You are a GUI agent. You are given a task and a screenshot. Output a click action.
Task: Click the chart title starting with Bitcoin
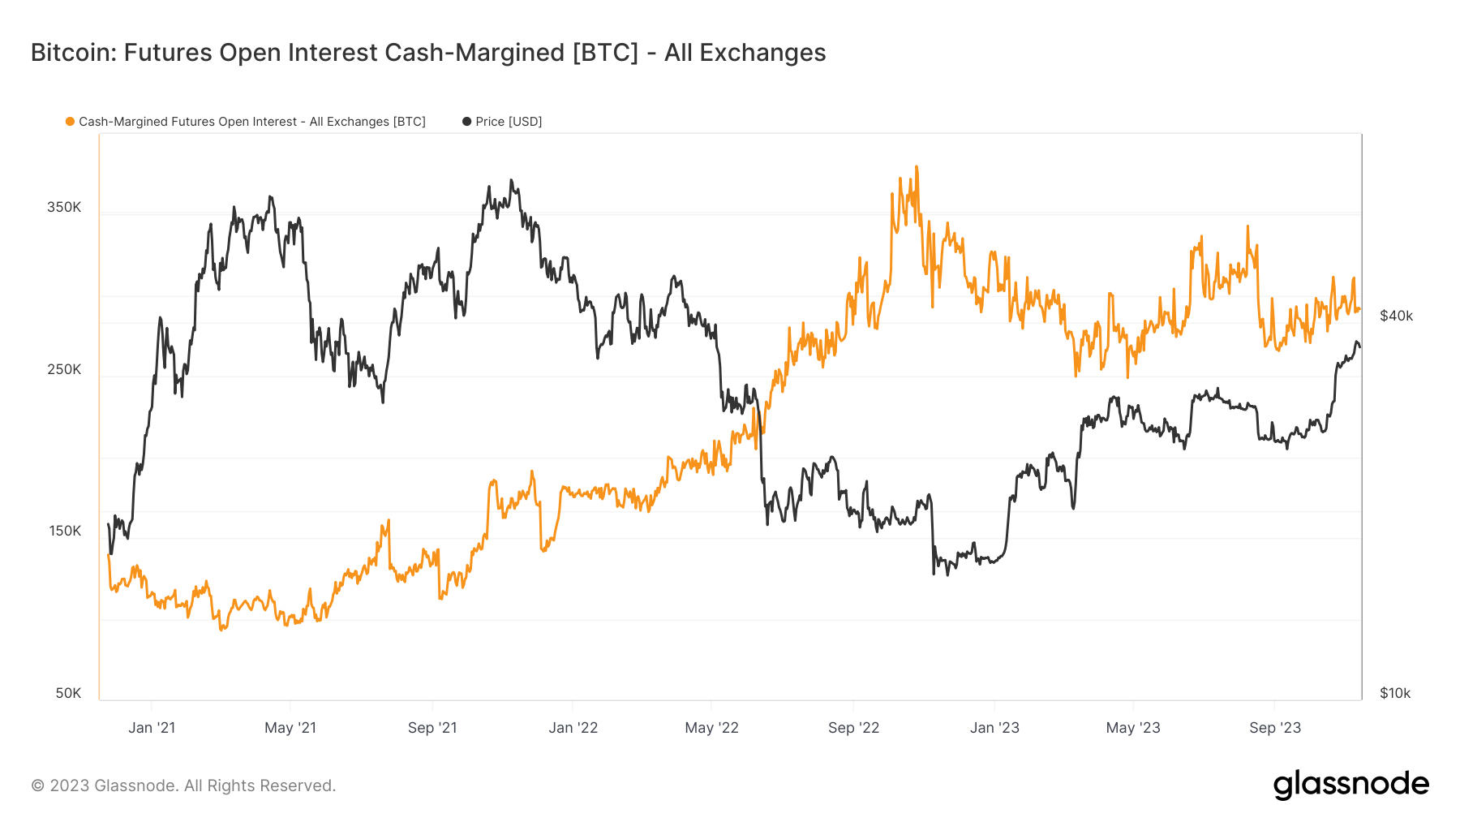[428, 53]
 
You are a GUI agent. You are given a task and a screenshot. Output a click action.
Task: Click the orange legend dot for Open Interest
[71, 122]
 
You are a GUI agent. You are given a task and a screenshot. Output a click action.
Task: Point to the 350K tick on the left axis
[64, 207]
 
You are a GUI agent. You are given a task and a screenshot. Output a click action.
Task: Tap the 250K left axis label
[64, 369]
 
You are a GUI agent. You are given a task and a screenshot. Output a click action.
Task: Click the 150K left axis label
[65, 531]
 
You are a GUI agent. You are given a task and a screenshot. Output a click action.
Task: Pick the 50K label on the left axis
[68, 693]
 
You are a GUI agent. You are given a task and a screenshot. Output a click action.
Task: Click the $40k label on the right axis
[1396, 316]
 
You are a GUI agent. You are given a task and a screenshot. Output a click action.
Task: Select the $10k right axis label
[1395, 693]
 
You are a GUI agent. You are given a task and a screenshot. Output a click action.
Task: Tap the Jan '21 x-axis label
[152, 728]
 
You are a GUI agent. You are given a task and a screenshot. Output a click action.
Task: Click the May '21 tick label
[290, 728]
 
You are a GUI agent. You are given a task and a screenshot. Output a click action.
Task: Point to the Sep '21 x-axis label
[432, 728]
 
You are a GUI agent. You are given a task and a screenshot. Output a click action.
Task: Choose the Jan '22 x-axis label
[573, 728]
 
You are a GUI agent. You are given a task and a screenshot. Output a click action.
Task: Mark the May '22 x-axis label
[711, 728]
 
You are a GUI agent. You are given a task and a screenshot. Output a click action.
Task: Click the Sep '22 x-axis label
[853, 728]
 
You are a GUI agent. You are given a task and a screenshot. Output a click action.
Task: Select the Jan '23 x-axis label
[994, 728]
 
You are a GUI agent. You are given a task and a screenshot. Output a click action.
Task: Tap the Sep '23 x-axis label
[1275, 728]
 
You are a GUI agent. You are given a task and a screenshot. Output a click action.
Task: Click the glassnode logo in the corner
[1350, 785]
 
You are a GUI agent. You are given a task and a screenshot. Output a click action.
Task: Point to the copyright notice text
[183, 785]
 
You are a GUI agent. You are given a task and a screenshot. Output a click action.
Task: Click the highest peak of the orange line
[917, 167]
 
